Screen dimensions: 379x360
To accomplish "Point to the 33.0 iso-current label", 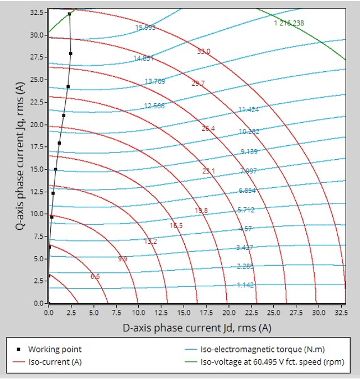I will pos(204,51).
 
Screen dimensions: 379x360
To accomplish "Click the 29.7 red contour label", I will pos(199,83).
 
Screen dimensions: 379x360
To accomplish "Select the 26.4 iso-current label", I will pos(208,128).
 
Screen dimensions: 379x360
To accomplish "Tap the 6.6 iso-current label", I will pos(95,276).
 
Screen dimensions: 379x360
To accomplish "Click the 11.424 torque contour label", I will pos(248,109).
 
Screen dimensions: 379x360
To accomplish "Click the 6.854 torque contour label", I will pos(247,190).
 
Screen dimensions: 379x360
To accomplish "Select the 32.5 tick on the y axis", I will pos(37,12).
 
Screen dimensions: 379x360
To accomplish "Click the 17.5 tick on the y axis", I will pos(37,146).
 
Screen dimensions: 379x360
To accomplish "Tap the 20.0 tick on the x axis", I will pos(228,312).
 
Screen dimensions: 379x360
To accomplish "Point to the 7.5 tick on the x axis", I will pos(116,312).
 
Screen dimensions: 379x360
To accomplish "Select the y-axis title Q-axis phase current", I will pos(18,157).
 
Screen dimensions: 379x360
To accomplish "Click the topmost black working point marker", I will pos(69,14).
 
